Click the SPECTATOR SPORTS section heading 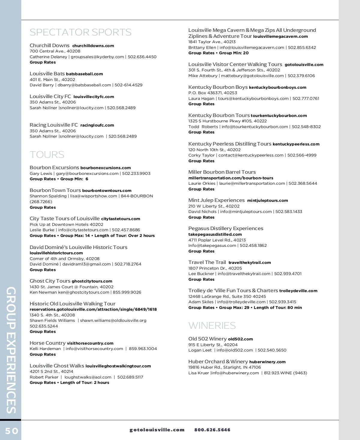pyautogui.click(x=80, y=32)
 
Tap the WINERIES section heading pyautogui.click(x=212, y=325)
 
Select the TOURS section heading pyautogui.click(x=47, y=154)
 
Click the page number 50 pyautogui.click(x=12, y=431)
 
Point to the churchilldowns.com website pyautogui.click(x=93, y=46)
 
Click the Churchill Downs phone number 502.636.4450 pyautogui.click(x=142, y=57)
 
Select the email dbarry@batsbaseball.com pyautogui.click(x=84, y=85)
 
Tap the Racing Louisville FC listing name pyautogui.click(x=54, y=125)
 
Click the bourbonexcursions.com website pyautogui.click(x=106, y=168)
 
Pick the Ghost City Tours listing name pyautogui.click(x=50, y=281)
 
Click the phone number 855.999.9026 pyautogui.click(x=127, y=292)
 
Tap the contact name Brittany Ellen pyautogui.click(x=202, y=47)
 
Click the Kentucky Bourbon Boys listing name pyautogui.click(x=218, y=87)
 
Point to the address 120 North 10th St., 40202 pyautogui.click(x=214, y=150)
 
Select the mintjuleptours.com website pyautogui.click(x=267, y=201)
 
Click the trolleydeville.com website pyautogui.click(x=298, y=291)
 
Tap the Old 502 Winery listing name pyautogui.click(x=207, y=339)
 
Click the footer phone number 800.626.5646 pyautogui.click(x=212, y=430)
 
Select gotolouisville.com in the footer pyautogui.click(x=157, y=430)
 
